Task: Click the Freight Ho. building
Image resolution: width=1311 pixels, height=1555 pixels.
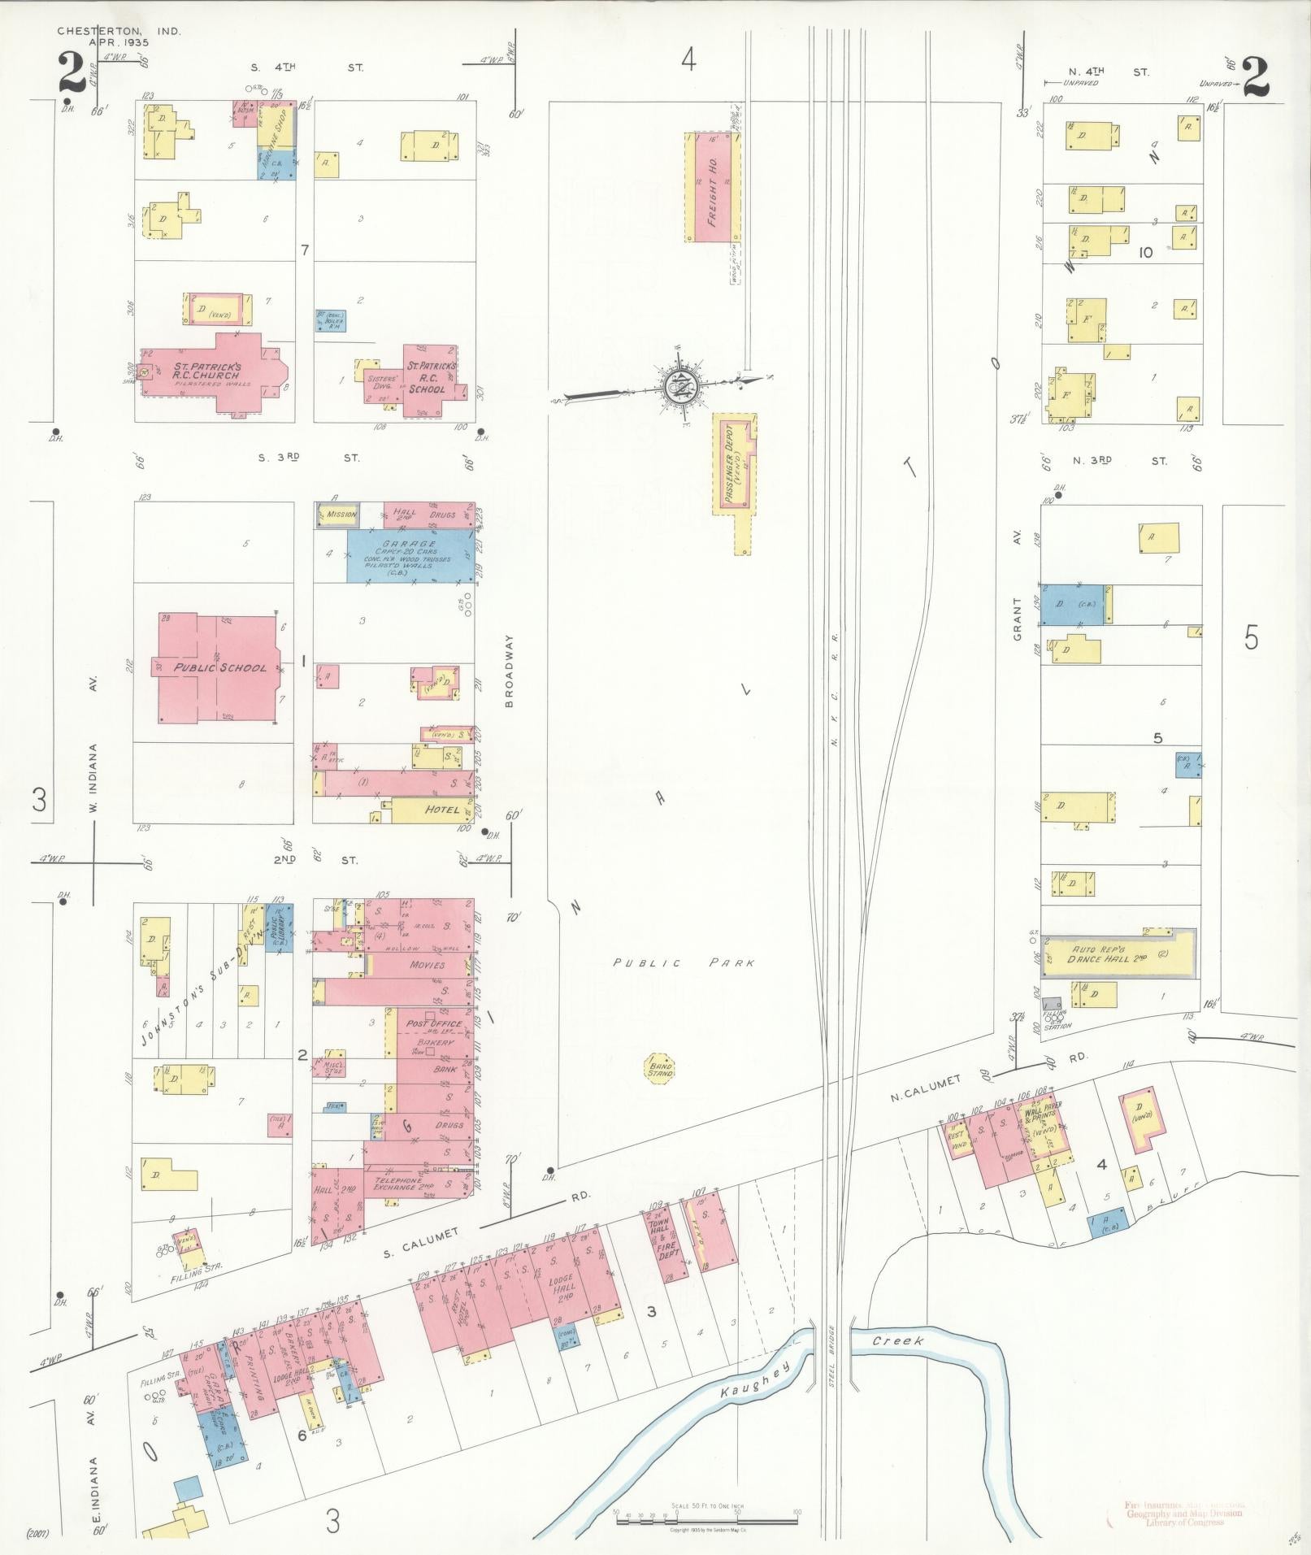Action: click(x=711, y=187)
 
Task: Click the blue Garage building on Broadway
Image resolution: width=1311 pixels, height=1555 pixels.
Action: click(x=410, y=555)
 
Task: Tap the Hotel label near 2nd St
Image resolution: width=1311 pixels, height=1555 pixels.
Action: click(x=442, y=810)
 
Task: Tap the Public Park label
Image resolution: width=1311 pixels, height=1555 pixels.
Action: click(x=684, y=963)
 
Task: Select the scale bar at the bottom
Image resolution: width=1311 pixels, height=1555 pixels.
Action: click(x=705, y=1518)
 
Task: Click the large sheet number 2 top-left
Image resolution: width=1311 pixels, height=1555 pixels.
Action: click(x=72, y=72)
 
